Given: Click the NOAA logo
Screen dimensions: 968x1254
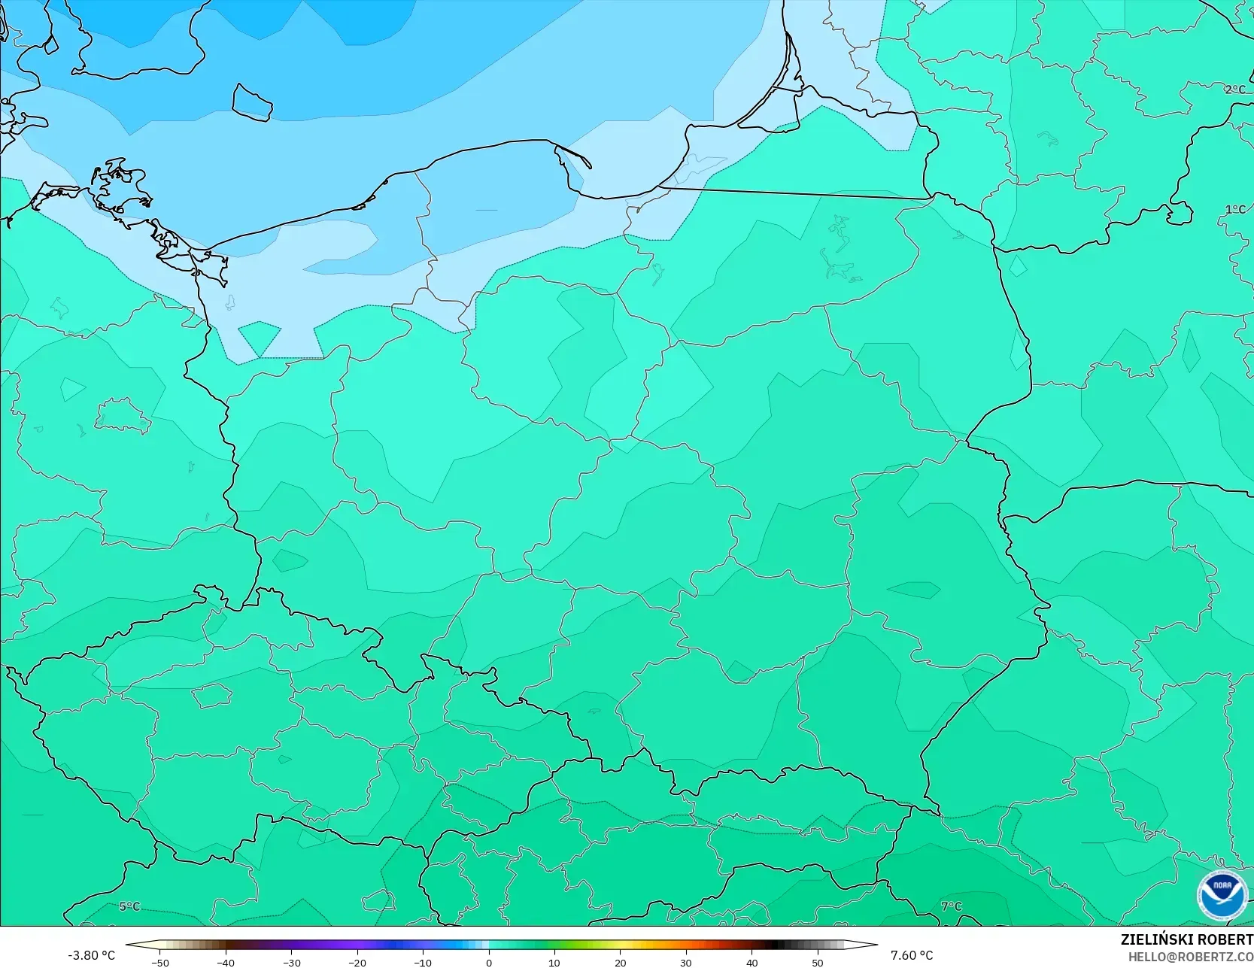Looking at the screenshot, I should click(1222, 896).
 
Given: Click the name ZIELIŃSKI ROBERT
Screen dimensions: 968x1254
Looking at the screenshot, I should click(1186, 939).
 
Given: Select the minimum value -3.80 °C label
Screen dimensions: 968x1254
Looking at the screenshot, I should click(92, 955).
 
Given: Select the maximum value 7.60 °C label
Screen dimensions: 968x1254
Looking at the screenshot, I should click(912, 955).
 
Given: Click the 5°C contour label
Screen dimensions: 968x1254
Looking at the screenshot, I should click(129, 906).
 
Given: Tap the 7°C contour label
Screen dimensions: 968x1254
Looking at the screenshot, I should click(952, 906).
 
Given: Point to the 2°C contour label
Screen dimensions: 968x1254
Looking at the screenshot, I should click(1235, 90).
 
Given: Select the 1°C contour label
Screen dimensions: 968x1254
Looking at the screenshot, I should click(1235, 209).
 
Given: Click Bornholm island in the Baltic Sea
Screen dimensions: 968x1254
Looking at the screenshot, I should click(251, 101).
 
